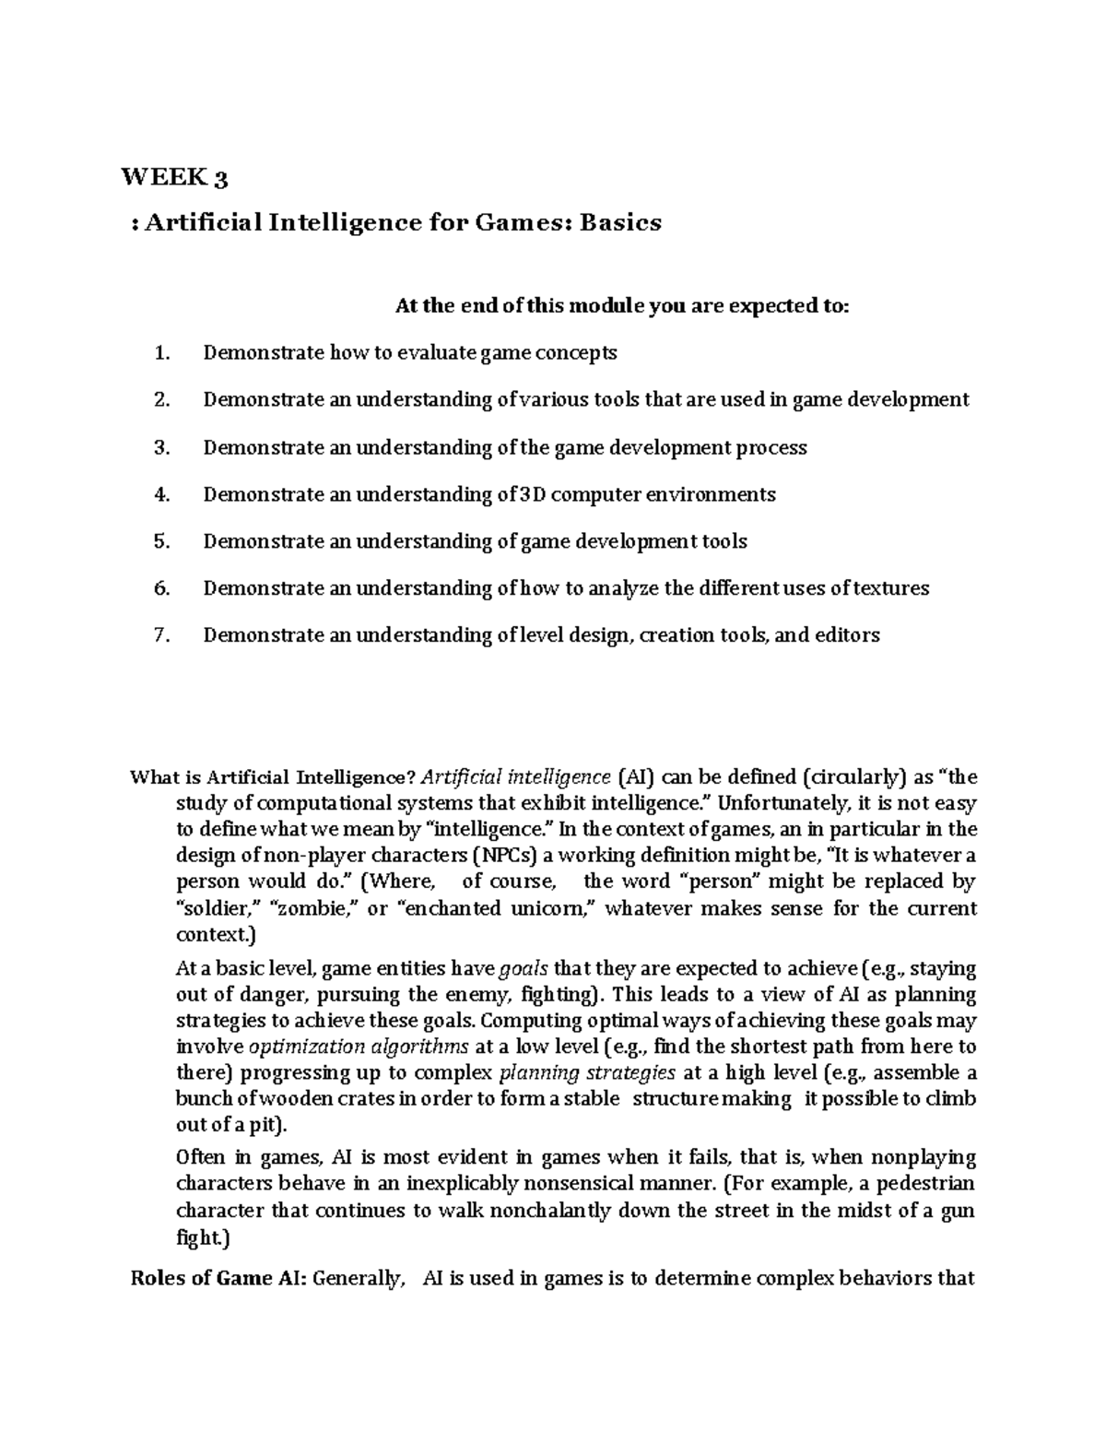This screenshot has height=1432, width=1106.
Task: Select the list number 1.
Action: click(x=162, y=352)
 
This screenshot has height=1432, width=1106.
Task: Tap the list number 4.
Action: click(x=162, y=494)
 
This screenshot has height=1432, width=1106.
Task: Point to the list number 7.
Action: click(x=162, y=635)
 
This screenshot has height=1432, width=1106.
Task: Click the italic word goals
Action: click(x=523, y=969)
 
